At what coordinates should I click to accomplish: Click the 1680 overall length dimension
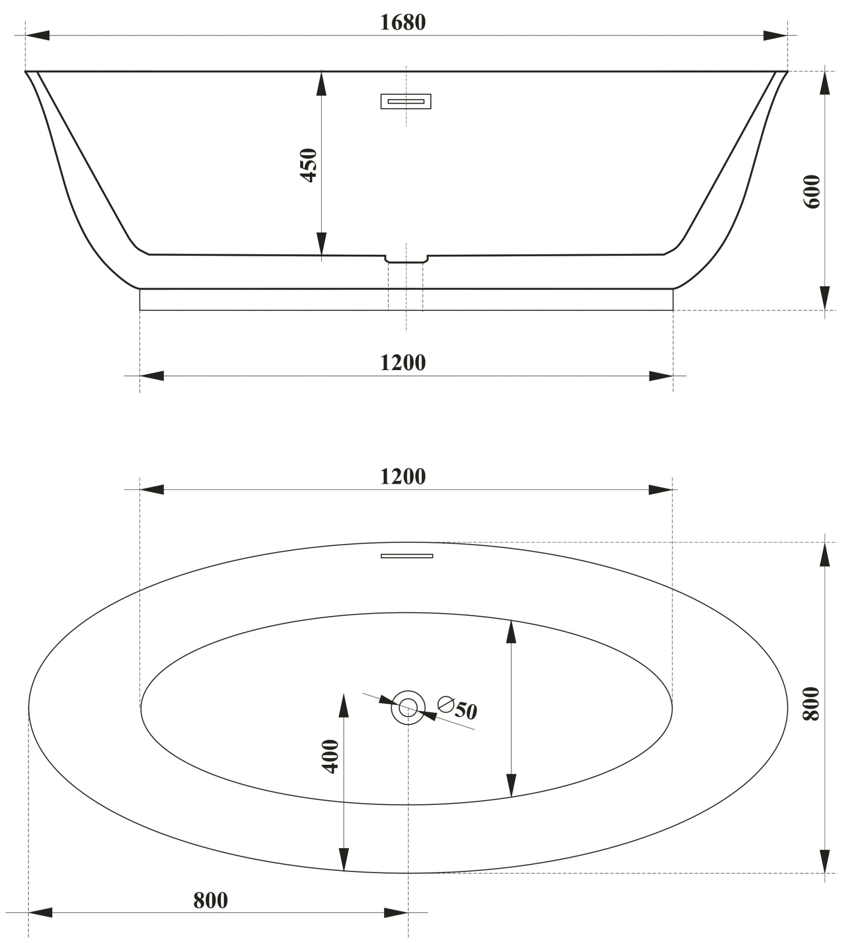[402, 23]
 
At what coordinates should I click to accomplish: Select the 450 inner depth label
[309, 165]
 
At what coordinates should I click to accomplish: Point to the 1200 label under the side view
[402, 363]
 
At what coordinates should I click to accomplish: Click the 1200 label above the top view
[402, 477]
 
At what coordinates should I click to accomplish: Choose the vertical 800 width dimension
[812, 703]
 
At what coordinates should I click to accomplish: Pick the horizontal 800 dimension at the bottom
[210, 901]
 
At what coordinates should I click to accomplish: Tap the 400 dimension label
[330, 756]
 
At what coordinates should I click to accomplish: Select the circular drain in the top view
[408, 707]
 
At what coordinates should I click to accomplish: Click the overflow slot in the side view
[406, 101]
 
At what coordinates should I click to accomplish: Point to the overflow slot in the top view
[407, 556]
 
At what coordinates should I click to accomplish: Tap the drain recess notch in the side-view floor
[406, 259]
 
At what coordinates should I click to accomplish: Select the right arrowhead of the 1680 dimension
[775, 35]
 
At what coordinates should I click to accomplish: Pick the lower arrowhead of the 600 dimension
[825, 298]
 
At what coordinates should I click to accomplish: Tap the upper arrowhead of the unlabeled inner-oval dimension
[511, 632]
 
